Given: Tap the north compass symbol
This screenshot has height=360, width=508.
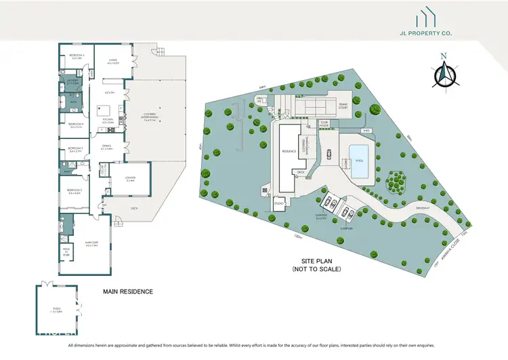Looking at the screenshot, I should pos(444,73).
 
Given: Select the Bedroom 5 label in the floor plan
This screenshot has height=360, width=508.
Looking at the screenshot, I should pos(75,57).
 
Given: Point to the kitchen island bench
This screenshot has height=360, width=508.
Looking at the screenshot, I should pos(105,108).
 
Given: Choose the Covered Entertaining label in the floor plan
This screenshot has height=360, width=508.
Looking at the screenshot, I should pos(150,119).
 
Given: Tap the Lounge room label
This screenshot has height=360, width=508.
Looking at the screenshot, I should pos(130,179).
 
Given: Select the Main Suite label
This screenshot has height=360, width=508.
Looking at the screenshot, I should pos(91,245).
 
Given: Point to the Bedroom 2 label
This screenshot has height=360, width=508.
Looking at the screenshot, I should pos(75,191).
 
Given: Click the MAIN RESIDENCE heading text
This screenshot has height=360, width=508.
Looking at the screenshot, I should pos(127,292).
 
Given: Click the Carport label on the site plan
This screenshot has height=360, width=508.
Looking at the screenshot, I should pos(346,229).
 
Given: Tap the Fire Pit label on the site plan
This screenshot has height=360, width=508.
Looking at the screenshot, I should pos(259,100).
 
